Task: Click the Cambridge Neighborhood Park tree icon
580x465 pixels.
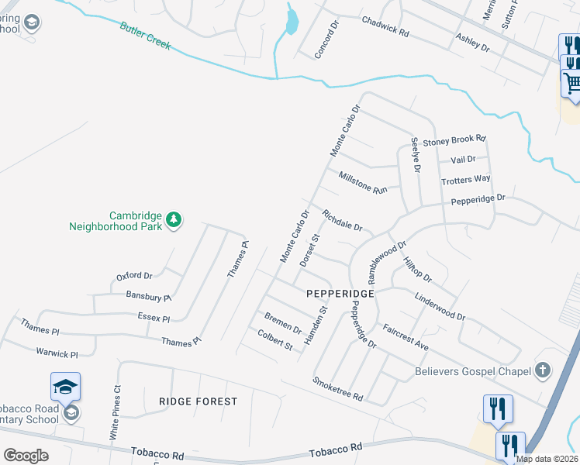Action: [174, 220]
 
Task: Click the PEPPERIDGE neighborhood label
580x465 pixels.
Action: [340, 294]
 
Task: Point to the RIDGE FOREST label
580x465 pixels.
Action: [198, 401]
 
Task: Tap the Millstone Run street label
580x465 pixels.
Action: [362, 183]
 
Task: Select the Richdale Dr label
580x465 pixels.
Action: [342, 221]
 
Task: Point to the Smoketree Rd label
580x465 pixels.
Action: [337, 388]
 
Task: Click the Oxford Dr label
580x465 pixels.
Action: [134, 275]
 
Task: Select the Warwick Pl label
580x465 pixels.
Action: [57, 353]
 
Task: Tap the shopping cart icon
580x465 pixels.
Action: [573, 81]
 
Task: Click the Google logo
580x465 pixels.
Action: [26, 455]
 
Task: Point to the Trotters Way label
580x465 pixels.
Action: [465, 179]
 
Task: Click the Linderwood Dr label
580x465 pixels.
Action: [439, 306]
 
